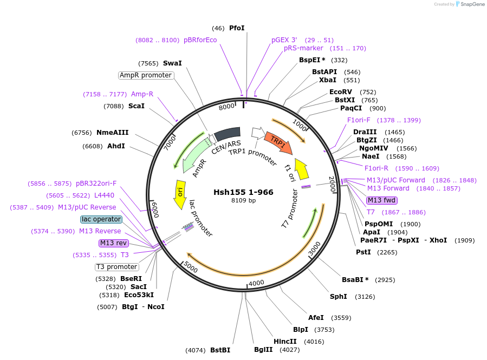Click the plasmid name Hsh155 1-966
click(243, 192)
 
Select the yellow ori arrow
click(180, 195)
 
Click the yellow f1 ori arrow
click(302, 168)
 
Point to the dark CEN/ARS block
click(227, 133)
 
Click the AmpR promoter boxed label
click(146, 75)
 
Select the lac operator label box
click(101, 219)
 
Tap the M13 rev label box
click(113, 243)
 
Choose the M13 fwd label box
click(382, 200)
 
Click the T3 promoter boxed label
click(116, 267)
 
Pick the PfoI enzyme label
click(237, 28)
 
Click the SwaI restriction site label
click(172, 63)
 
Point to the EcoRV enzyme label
click(341, 92)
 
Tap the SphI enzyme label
click(339, 297)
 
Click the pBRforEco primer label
click(200, 40)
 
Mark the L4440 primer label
click(104, 195)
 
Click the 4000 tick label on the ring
click(256, 283)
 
